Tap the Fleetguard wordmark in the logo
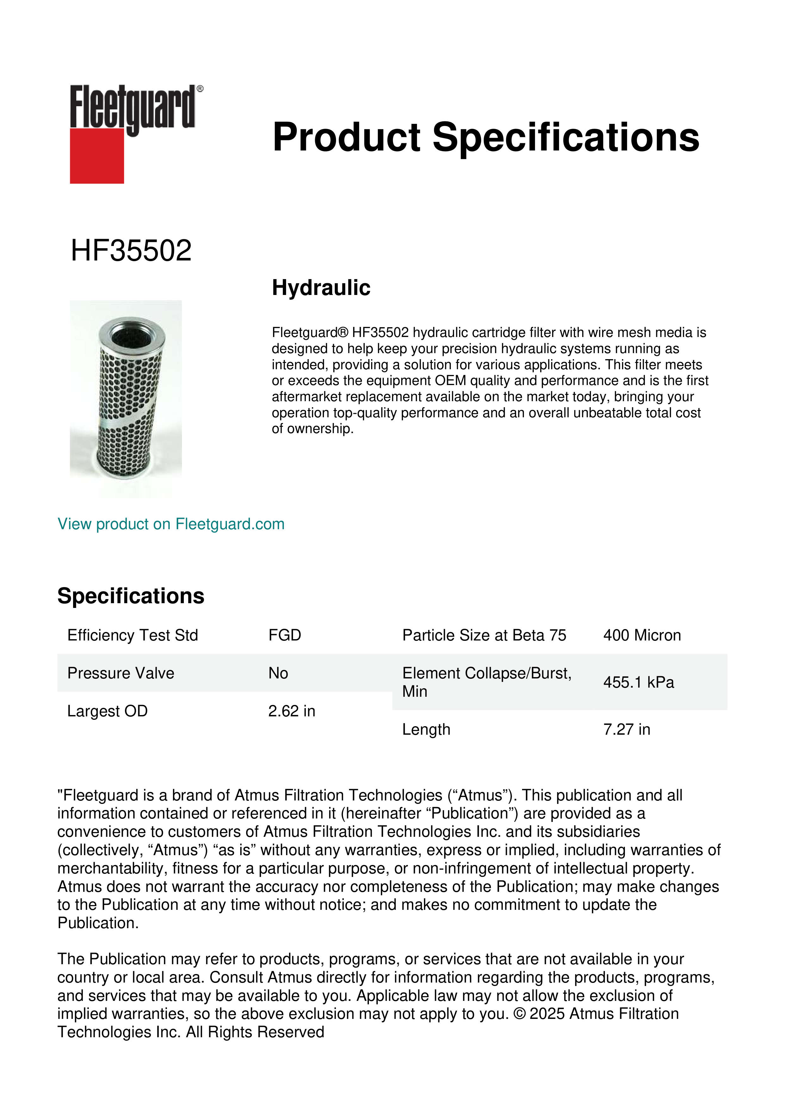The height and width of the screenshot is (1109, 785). pyautogui.click(x=133, y=107)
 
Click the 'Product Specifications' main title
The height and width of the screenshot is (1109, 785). pyautogui.click(x=486, y=137)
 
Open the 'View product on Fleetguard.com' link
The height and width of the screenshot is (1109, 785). pyautogui.click(x=171, y=524)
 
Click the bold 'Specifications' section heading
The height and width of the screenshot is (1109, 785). pyautogui.click(x=130, y=596)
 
